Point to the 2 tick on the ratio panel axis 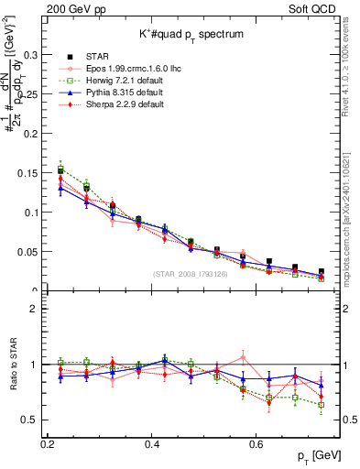(x=35, y=309)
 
